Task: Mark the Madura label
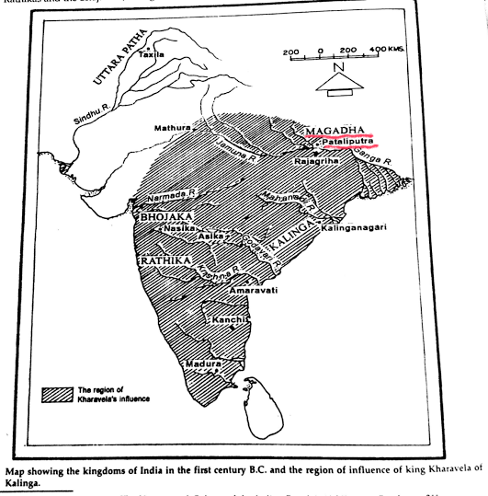pos(204,364)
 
